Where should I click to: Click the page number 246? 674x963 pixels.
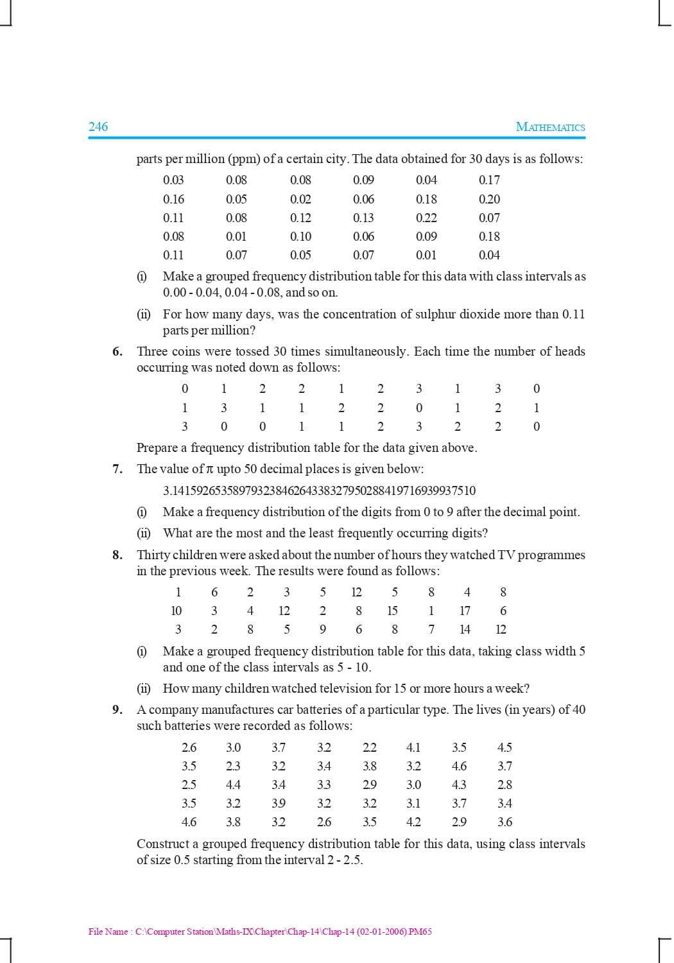(x=98, y=126)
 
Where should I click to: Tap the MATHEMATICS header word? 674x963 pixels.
(x=550, y=127)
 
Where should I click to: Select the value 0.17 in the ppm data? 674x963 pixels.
(x=489, y=180)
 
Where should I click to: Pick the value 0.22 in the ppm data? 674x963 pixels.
(x=426, y=218)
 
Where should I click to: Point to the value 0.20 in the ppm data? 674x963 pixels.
(x=489, y=199)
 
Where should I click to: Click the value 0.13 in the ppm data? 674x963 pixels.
(x=363, y=218)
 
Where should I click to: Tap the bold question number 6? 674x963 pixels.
(x=117, y=351)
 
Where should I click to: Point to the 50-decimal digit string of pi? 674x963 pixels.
(x=320, y=490)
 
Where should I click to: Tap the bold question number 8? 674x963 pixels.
(x=117, y=555)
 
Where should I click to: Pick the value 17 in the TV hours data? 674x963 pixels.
(x=465, y=611)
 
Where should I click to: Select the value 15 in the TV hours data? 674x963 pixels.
(x=392, y=611)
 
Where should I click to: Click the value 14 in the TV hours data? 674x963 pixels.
(x=465, y=629)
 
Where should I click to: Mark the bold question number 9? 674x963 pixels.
(x=117, y=709)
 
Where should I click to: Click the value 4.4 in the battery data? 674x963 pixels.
(x=233, y=785)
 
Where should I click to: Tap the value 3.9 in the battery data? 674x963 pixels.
(x=279, y=803)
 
